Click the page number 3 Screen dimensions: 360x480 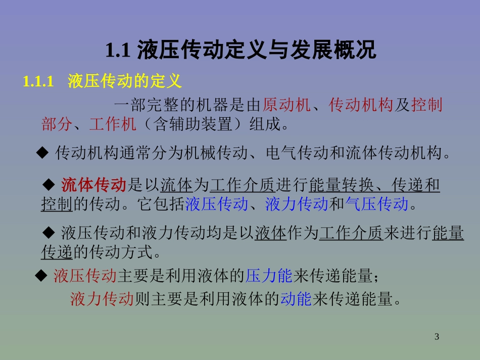[x=437, y=337]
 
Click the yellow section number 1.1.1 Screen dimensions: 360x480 [x=38, y=82]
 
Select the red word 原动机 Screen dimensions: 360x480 [x=286, y=105]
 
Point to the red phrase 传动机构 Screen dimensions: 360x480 [x=361, y=105]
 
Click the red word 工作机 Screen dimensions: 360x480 [x=113, y=124]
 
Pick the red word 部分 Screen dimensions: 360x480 [x=57, y=124]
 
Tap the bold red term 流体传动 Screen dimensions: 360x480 [x=93, y=185]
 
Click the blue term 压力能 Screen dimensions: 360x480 [x=269, y=276]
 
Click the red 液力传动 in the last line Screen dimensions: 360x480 [x=102, y=299]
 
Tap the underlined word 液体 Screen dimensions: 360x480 [x=271, y=233]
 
